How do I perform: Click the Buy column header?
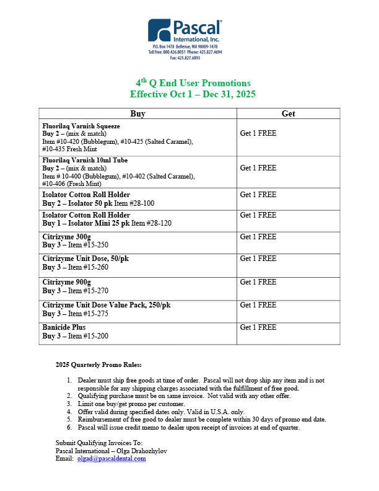137,113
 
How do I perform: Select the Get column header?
288,113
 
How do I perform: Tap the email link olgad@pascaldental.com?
111,459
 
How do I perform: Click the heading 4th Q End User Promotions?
193,83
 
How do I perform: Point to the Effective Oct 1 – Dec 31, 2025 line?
193,94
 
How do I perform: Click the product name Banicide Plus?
64,327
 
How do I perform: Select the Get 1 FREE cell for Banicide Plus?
258,327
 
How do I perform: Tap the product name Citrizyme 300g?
66,237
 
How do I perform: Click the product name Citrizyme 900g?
66,282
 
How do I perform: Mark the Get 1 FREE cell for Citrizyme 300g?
258,237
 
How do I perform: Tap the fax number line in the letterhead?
185,58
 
